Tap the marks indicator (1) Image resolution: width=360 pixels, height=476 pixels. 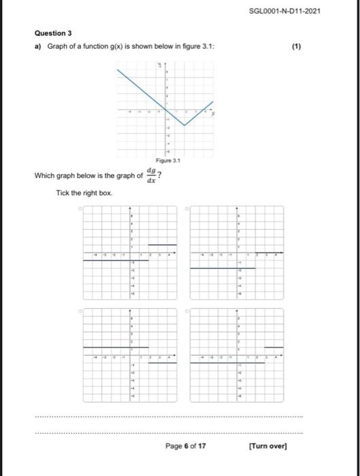point(296,48)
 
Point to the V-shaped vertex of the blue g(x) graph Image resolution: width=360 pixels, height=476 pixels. point(184,125)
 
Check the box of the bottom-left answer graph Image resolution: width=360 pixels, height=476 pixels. point(79,311)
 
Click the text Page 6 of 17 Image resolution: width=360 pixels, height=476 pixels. point(186,446)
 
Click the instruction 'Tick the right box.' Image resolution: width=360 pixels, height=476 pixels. point(84,194)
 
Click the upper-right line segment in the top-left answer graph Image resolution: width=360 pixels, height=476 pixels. point(163,245)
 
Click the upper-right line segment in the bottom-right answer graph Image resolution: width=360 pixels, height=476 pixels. point(274,347)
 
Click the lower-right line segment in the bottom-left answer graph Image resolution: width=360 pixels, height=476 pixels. point(163,363)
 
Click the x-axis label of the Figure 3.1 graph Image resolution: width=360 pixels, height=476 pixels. point(212,114)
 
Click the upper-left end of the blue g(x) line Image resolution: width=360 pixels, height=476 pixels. point(118,70)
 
